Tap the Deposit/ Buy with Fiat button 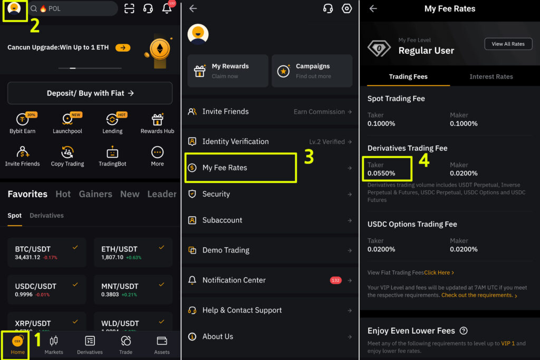90,93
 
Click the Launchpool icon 67,120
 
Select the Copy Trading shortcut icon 67,152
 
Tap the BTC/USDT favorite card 47,252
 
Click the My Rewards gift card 228,71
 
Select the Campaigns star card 312,71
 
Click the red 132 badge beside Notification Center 335,280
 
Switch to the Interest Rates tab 491,76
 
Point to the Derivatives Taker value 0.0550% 381,173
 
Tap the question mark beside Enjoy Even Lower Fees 464,330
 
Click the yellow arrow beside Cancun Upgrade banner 123,47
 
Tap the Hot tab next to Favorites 63,194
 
